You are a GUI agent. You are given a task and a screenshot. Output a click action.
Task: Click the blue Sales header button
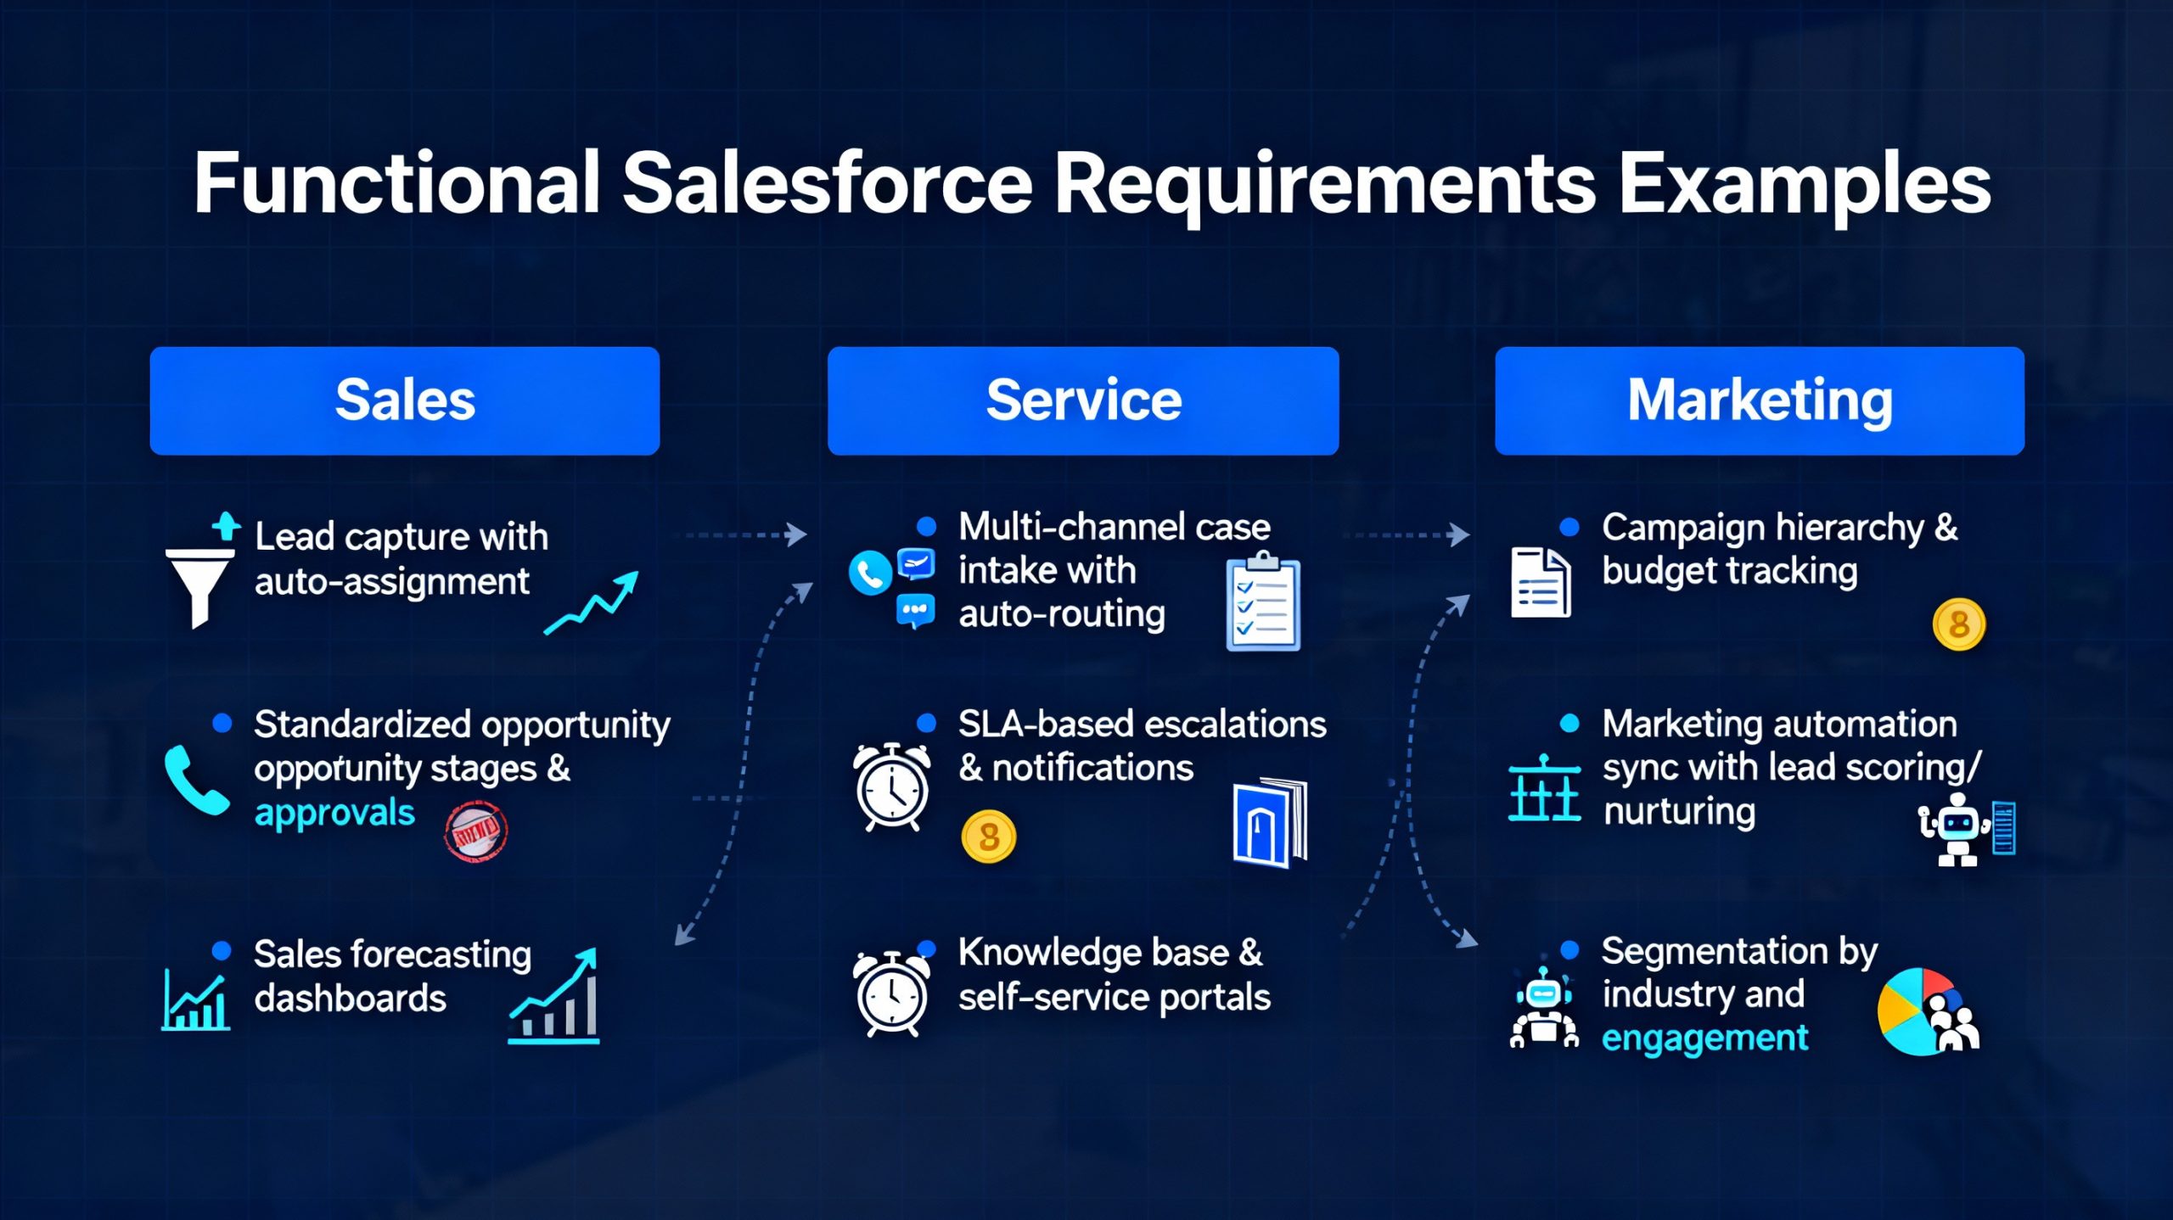pos(405,400)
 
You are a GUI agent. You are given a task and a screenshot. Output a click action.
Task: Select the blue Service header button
pos(1083,400)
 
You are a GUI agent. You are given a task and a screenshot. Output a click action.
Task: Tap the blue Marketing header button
pos(1760,400)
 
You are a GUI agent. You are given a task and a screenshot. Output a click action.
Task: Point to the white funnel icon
pos(199,585)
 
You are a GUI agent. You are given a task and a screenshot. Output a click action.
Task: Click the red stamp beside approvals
pos(476,832)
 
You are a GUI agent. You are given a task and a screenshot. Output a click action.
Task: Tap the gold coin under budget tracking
pos(1958,625)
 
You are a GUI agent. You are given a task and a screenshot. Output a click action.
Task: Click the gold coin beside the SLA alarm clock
pos(989,837)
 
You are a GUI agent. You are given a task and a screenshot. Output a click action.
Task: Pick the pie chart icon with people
pos(1927,1011)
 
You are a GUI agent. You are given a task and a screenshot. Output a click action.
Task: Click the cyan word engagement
pos(1704,1038)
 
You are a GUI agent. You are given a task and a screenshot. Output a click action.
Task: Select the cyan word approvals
pos(334,813)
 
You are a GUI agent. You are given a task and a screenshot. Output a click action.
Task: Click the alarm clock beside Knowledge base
pos(891,993)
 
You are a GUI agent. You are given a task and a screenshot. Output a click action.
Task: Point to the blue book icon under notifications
pos(1269,823)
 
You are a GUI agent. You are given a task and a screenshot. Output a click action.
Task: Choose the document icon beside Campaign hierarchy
pos(1541,582)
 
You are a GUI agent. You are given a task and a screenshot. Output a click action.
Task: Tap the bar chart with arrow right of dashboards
pos(556,997)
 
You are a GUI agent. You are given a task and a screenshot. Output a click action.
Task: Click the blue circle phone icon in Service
pos(870,574)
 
